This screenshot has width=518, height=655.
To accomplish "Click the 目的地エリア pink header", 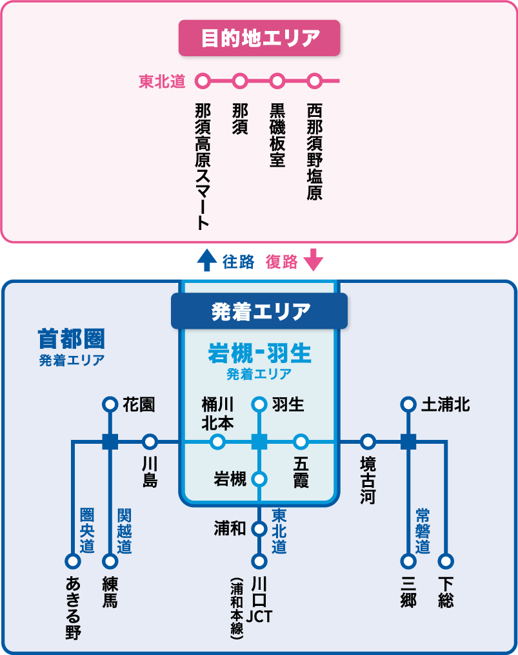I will (x=259, y=38).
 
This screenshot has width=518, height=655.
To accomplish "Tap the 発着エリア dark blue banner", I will (x=259, y=312).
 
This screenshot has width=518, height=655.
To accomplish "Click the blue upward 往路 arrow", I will (x=206, y=260).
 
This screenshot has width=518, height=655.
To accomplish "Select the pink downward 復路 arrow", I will (x=313, y=260).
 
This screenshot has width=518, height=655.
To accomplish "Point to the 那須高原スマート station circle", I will (x=203, y=81).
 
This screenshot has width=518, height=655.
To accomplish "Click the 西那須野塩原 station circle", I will (x=314, y=81).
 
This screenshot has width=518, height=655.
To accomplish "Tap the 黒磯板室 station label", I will (x=277, y=135).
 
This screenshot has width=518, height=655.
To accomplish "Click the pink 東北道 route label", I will (x=162, y=81).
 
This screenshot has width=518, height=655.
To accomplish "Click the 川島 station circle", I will (x=150, y=442).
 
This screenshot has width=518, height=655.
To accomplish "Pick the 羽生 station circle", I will (x=259, y=405).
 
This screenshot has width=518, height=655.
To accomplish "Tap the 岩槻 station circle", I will (x=259, y=479).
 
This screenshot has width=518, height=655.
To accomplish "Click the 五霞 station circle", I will (x=301, y=442).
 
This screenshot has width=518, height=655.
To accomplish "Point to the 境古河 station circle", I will (x=368, y=442).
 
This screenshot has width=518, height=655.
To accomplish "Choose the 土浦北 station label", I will (x=445, y=405).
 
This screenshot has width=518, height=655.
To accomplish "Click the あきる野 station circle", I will (x=72, y=561).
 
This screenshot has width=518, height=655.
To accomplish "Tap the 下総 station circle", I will (x=446, y=561).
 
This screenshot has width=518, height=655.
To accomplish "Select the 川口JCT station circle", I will (x=259, y=561).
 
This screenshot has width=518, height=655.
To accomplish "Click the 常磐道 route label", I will (x=423, y=531).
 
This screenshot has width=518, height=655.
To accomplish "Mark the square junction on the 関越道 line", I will (x=110, y=442).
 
